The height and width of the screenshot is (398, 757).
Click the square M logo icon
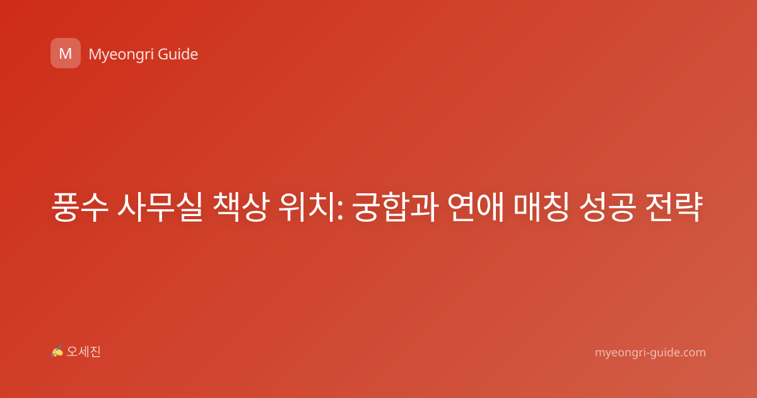[x=66, y=53]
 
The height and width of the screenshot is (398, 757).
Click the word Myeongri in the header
[x=120, y=55]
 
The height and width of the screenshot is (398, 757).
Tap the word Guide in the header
[x=178, y=54]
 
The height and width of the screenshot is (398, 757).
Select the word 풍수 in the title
[x=79, y=207]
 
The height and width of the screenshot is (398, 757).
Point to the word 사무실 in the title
[x=160, y=207]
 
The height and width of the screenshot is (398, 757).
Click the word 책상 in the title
[x=241, y=207]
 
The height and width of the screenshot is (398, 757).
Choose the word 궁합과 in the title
[x=396, y=207]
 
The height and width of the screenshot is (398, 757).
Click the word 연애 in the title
[x=476, y=207]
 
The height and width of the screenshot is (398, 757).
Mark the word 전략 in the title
[x=674, y=207]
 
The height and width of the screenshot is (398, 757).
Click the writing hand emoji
[x=57, y=351]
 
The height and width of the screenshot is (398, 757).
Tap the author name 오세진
[x=83, y=352]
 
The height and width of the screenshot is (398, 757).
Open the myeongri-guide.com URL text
[x=650, y=353]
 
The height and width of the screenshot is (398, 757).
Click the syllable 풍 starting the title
[x=66, y=207]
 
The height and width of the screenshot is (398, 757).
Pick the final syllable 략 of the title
[x=689, y=207]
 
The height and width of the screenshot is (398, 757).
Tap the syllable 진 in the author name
[x=95, y=352]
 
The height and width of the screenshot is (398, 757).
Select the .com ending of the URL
[x=693, y=353]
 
